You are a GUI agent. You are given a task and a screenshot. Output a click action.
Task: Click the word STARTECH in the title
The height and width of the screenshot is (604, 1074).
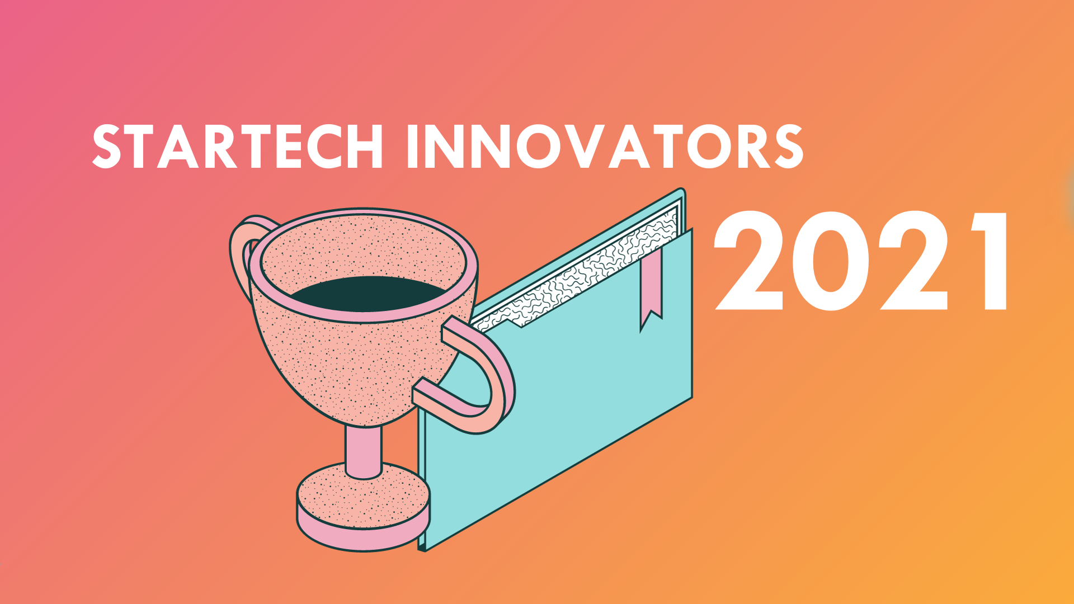tap(238, 146)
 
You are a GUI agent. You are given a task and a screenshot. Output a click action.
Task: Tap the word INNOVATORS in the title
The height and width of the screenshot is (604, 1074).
tap(605, 146)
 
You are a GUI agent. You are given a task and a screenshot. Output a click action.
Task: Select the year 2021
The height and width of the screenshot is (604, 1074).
tap(860, 261)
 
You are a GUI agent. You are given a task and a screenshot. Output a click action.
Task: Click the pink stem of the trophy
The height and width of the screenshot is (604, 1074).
tap(363, 450)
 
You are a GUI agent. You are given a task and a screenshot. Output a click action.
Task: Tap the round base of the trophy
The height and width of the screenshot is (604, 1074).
tap(363, 506)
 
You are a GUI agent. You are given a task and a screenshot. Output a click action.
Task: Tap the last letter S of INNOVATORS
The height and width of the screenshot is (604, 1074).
tap(788, 146)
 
